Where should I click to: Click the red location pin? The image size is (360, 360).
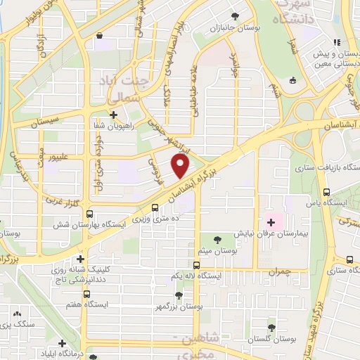(x=181, y=166)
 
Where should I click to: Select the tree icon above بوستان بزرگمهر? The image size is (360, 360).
(x=179, y=295)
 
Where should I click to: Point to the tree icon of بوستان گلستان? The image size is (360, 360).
(x=272, y=328)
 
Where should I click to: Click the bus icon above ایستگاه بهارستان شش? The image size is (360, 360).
(x=155, y=207)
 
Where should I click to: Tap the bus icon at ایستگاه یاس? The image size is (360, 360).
(x=326, y=191)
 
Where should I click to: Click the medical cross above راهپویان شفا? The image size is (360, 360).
(x=113, y=114)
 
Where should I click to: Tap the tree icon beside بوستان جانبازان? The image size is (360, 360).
(x=234, y=16)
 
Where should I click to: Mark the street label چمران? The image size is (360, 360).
(x=278, y=270)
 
